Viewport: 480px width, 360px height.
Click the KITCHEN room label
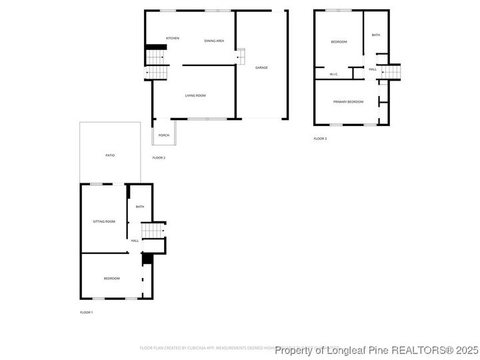click(x=173, y=38)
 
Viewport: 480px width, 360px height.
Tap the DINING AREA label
click(x=214, y=41)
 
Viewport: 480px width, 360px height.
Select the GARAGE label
click(x=261, y=67)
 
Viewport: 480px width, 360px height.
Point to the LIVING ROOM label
click(x=195, y=96)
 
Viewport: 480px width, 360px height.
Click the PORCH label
click(x=164, y=135)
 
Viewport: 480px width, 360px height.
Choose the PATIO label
click(x=110, y=155)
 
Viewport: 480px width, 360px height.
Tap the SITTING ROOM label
click(x=104, y=221)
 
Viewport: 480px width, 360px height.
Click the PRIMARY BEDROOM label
click(x=349, y=101)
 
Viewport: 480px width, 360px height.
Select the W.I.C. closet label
click(x=333, y=74)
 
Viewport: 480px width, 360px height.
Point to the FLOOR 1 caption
click(x=87, y=312)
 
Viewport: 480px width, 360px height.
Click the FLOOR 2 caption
click(x=159, y=158)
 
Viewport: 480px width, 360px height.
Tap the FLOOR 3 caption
click(x=321, y=139)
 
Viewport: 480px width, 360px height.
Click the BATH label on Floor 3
click(x=376, y=35)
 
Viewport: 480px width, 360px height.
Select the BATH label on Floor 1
click(x=140, y=207)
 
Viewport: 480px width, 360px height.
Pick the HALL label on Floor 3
click(x=373, y=69)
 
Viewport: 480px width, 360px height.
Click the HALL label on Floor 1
click(x=135, y=241)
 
